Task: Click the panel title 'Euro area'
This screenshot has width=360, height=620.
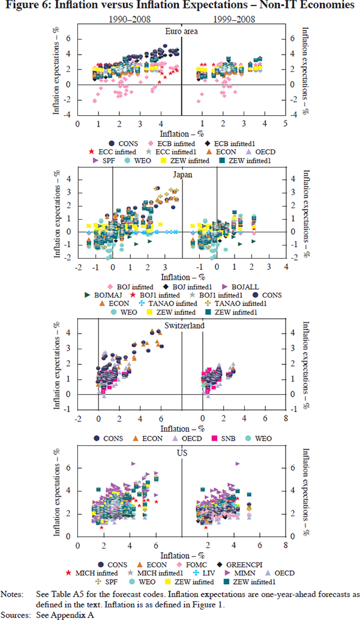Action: (x=181, y=32)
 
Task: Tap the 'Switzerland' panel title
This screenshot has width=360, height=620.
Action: (x=181, y=325)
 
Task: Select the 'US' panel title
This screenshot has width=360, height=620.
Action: (x=181, y=452)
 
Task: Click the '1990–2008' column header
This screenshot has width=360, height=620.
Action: (x=128, y=19)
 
